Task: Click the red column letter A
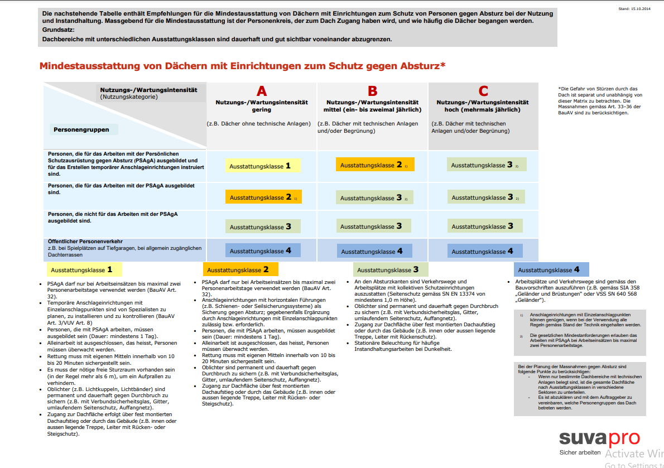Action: [262, 91]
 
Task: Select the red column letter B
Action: [373, 91]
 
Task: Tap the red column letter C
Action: [483, 91]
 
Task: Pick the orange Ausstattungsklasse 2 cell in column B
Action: [374, 165]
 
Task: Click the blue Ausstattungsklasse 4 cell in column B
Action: [374, 251]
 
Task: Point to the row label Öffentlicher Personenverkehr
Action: [85, 241]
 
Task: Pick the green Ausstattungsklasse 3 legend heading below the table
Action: [391, 269]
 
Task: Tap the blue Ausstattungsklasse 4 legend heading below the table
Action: [550, 269]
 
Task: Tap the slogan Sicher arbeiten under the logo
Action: [580, 452]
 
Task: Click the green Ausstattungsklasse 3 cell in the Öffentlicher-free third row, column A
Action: [263, 226]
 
